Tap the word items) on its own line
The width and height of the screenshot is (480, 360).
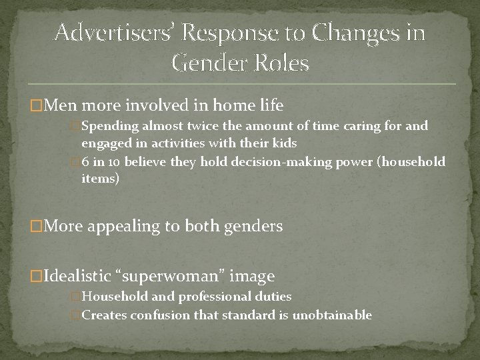101,179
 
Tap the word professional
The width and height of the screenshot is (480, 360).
213,295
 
